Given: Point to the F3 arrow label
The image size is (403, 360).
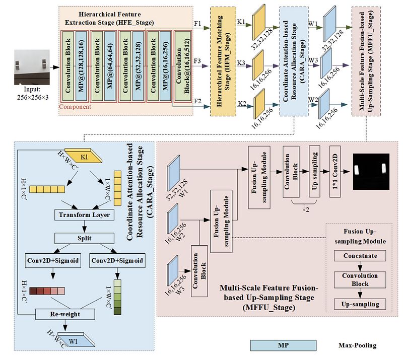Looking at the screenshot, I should (x=197, y=61).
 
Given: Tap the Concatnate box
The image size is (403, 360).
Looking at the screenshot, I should (x=360, y=256).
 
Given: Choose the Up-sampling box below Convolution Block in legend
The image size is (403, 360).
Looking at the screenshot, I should (x=360, y=304).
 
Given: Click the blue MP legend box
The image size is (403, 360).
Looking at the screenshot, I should (x=284, y=345).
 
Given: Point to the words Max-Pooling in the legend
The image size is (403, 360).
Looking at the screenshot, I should (x=357, y=345).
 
